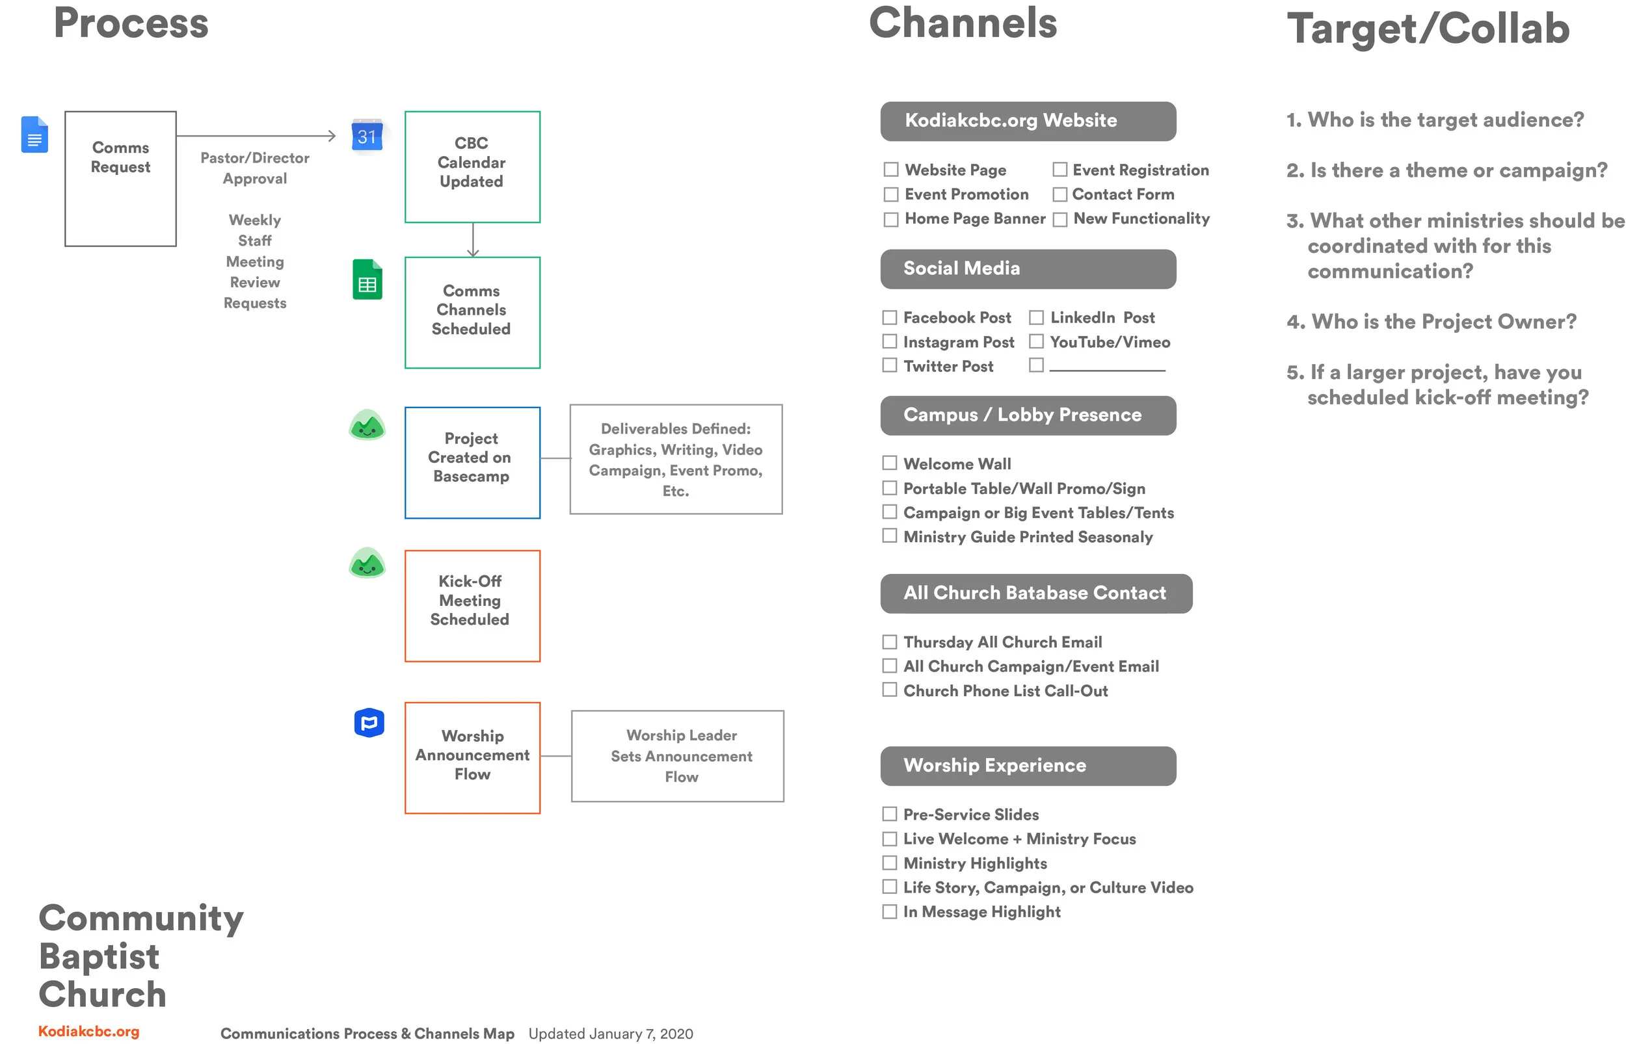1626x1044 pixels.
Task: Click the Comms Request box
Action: [120, 178]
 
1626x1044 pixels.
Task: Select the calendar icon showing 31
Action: [367, 137]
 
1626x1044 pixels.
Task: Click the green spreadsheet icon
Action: [367, 280]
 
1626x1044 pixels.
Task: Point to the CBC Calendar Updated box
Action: [472, 167]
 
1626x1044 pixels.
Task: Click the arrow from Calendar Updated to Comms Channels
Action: [473, 240]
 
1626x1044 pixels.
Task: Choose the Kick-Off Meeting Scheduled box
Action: [472, 605]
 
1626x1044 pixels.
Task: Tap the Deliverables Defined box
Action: [675, 459]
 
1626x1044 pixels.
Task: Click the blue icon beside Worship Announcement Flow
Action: [369, 723]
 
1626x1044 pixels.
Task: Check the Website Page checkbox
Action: [890, 170]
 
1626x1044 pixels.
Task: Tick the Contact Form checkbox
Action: [1059, 194]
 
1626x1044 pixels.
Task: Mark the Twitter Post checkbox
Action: [889, 365]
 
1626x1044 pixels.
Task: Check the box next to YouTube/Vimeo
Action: [1035, 342]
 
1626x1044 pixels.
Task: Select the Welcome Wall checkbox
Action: [889, 463]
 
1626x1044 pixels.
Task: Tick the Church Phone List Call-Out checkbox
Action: [889, 690]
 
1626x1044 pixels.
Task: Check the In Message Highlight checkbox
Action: [889, 911]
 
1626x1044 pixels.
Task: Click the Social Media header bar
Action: [1027, 269]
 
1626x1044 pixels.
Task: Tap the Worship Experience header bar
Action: [1027, 766]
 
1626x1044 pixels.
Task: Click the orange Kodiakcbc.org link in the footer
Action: [89, 1030]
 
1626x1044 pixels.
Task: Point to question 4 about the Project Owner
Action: [1431, 321]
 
